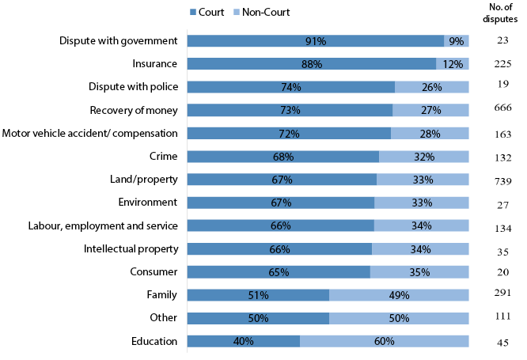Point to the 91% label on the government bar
click(x=315, y=41)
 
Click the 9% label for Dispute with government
click(x=457, y=41)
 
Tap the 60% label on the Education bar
click(x=384, y=341)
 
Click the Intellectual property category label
click(x=131, y=249)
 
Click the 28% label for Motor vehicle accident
click(x=430, y=134)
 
